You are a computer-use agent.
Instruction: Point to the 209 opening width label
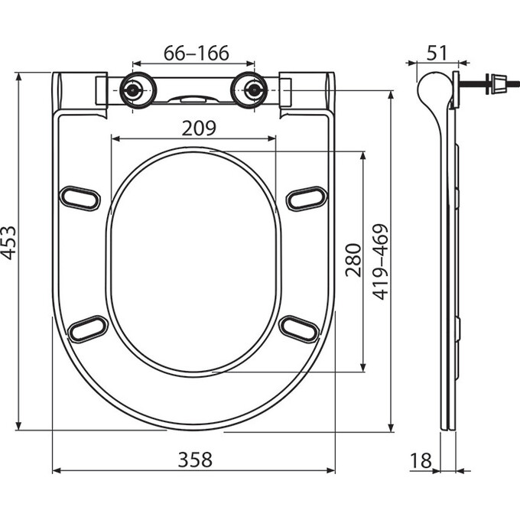pyautogui.click(x=197, y=127)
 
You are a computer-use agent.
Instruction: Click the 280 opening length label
pyautogui.click(x=353, y=261)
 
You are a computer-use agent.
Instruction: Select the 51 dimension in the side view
pyautogui.click(x=437, y=54)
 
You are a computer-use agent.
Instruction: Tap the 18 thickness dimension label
pyautogui.click(x=421, y=460)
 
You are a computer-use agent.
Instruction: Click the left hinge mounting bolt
pyautogui.click(x=135, y=89)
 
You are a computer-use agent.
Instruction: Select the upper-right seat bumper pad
pyautogui.click(x=307, y=197)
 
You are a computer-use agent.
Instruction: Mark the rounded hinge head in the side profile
pyautogui.click(x=431, y=86)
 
